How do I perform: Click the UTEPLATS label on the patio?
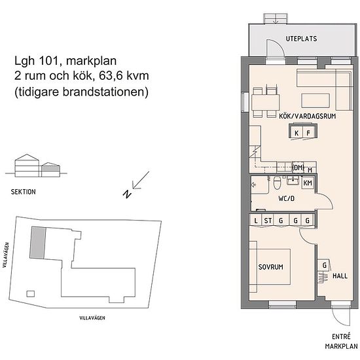click(x=301, y=39)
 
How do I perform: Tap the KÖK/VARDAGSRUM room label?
click(x=308, y=116)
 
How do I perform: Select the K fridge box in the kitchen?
click(x=297, y=132)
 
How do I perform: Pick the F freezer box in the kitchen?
click(x=308, y=132)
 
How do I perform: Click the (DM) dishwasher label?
click(x=298, y=168)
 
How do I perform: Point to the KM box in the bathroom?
click(x=308, y=183)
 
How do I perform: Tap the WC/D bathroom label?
click(x=286, y=198)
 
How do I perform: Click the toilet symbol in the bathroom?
click(x=277, y=183)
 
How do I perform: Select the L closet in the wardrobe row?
click(x=255, y=221)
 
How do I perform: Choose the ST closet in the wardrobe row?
click(x=268, y=221)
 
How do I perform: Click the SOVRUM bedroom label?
click(x=271, y=267)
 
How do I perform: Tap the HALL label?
click(x=340, y=276)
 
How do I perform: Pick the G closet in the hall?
click(x=324, y=265)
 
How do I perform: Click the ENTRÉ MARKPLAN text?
click(x=341, y=342)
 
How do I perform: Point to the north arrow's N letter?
click(x=127, y=194)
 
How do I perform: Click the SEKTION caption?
click(x=23, y=192)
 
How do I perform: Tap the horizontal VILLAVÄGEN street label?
click(x=92, y=318)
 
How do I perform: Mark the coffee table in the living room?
click(x=315, y=100)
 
